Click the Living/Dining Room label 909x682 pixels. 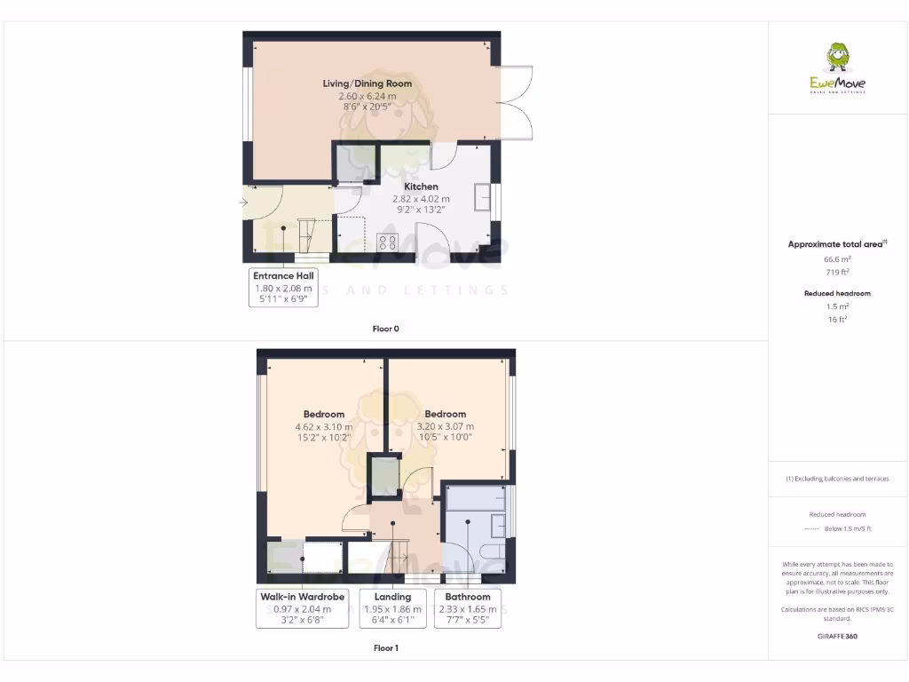tap(367, 83)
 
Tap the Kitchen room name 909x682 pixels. tap(421, 186)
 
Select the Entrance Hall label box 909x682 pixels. tap(283, 287)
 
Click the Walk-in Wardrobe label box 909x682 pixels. tap(302, 607)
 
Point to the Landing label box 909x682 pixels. tap(392, 607)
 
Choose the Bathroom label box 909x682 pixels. tap(468, 607)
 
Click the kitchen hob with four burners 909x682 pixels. tap(388, 242)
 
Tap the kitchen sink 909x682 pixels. tap(483, 197)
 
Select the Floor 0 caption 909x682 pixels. tap(385, 329)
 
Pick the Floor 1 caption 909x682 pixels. tap(385, 648)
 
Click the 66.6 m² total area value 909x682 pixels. tap(837, 259)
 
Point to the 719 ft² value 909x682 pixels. tap(837, 272)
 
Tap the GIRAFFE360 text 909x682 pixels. tap(837, 636)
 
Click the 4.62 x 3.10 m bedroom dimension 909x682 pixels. tap(323, 426)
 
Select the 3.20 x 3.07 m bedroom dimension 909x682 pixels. tap(445, 426)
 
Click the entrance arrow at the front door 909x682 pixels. tap(244, 203)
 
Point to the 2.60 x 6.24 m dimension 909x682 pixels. tap(367, 95)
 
